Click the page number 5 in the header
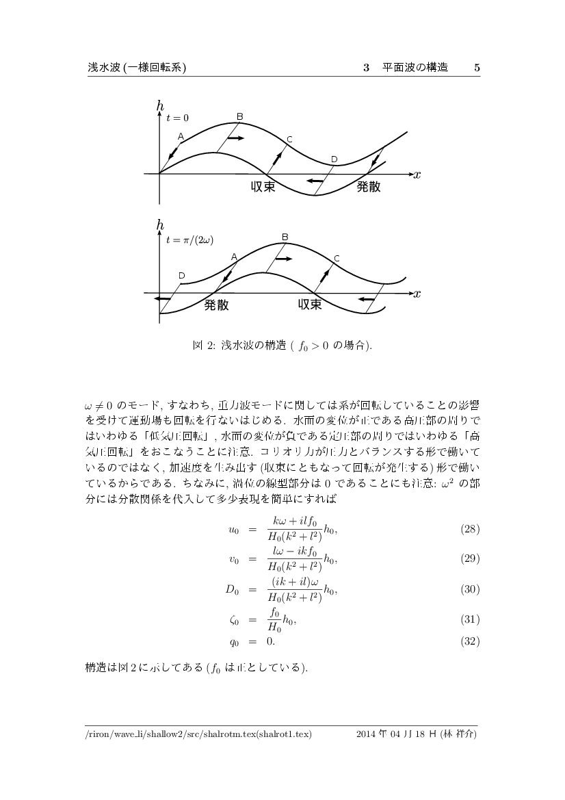point(477,68)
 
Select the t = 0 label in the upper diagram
point(178,118)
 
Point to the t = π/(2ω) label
point(189,240)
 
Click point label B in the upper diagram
point(239,116)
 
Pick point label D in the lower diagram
point(181,275)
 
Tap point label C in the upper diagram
point(289,140)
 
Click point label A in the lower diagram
point(234,257)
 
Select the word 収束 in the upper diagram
point(263,187)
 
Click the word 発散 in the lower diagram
point(216,305)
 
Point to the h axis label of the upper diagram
point(160,105)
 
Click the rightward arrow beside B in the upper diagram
point(235,138)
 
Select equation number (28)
point(470,530)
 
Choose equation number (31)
point(470,619)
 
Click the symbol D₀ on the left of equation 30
point(233,589)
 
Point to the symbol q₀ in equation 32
point(233,642)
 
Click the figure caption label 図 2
point(204,346)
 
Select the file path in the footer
point(198,735)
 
